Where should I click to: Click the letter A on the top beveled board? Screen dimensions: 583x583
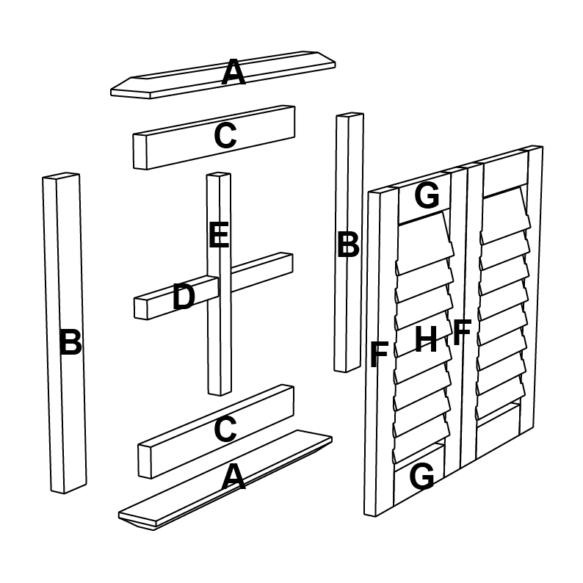[x=233, y=72]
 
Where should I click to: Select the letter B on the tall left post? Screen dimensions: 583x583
[x=70, y=342]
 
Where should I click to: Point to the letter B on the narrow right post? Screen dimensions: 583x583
[x=348, y=245]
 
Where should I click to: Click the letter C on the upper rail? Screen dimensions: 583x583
[x=225, y=136]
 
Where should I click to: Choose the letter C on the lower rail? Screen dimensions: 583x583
[x=225, y=429]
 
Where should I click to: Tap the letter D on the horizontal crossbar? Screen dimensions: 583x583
[x=184, y=297]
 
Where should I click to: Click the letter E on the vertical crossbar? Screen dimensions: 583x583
[x=219, y=235]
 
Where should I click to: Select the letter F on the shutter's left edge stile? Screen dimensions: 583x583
[x=380, y=355]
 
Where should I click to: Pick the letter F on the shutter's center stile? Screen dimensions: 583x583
[x=463, y=333]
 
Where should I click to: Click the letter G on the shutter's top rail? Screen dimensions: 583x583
[x=427, y=196]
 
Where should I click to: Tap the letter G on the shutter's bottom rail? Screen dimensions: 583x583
[x=421, y=477]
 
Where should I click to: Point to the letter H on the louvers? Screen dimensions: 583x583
[x=426, y=338]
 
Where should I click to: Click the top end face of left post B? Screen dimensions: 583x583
[x=61, y=175]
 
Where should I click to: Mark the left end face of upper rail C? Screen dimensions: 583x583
[x=140, y=152]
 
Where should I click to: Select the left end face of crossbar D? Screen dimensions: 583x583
[x=141, y=308]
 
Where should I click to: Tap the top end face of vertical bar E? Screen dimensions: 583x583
[x=219, y=174]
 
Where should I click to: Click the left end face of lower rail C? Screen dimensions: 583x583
[x=145, y=460]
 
